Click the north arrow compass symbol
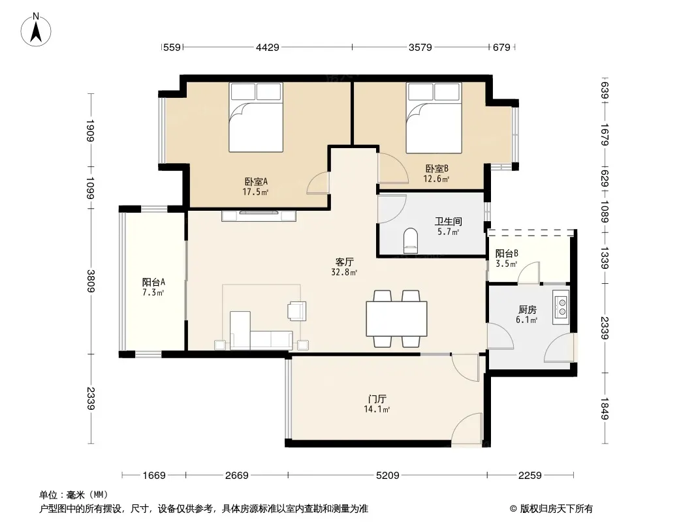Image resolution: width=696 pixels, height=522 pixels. (36, 30)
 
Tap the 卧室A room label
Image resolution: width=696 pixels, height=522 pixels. (256, 181)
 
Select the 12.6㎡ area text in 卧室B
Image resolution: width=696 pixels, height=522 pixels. (436, 179)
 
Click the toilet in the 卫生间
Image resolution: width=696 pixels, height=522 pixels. (411, 241)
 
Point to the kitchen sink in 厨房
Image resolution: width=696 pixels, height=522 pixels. (561, 307)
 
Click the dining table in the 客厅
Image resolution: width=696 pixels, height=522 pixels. (397, 319)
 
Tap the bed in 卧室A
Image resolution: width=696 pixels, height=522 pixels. (256, 117)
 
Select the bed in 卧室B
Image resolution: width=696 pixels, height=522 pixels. (434, 117)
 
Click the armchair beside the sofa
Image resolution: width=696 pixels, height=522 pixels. (297, 311)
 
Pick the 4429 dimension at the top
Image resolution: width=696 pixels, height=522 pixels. (268, 47)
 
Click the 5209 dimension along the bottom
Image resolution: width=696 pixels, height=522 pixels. (388, 476)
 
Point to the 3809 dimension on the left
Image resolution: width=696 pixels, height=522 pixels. (91, 281)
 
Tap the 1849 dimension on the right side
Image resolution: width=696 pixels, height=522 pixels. (605, 408)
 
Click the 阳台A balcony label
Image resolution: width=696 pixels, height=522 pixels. (153, 282)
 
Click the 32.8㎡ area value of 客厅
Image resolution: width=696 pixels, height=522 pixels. (344, 272)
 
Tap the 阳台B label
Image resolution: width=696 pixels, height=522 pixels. (507, 254)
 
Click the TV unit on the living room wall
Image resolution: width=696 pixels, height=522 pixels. (259, 215)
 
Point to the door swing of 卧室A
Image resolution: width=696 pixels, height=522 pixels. (318, 183)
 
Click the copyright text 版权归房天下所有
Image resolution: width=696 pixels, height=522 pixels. (556, 509)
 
